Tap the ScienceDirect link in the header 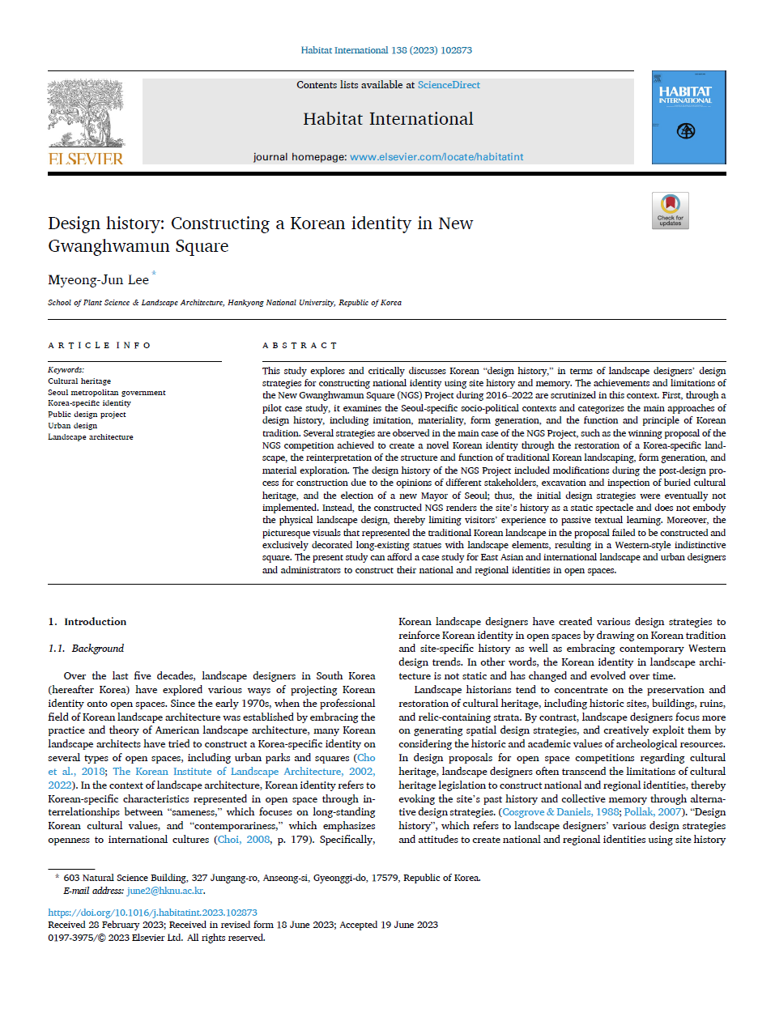click(449, 85)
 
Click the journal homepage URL click(436, 157)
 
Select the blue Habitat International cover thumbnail click(688, 117)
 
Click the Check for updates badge click(670, 211)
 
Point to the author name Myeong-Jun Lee click(98, 280)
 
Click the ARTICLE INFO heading click(99, 346)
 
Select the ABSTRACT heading click(300, 346)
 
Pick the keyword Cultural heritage click(79, 381)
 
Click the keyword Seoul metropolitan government click(106, 393)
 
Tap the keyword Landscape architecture click(90, 437)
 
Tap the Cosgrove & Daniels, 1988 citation click(560, 812)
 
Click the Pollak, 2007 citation click(653, 812)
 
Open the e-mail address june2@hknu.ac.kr click(165, 891)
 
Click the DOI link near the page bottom click(152, 913)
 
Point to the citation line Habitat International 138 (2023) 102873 click(386, 50)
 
